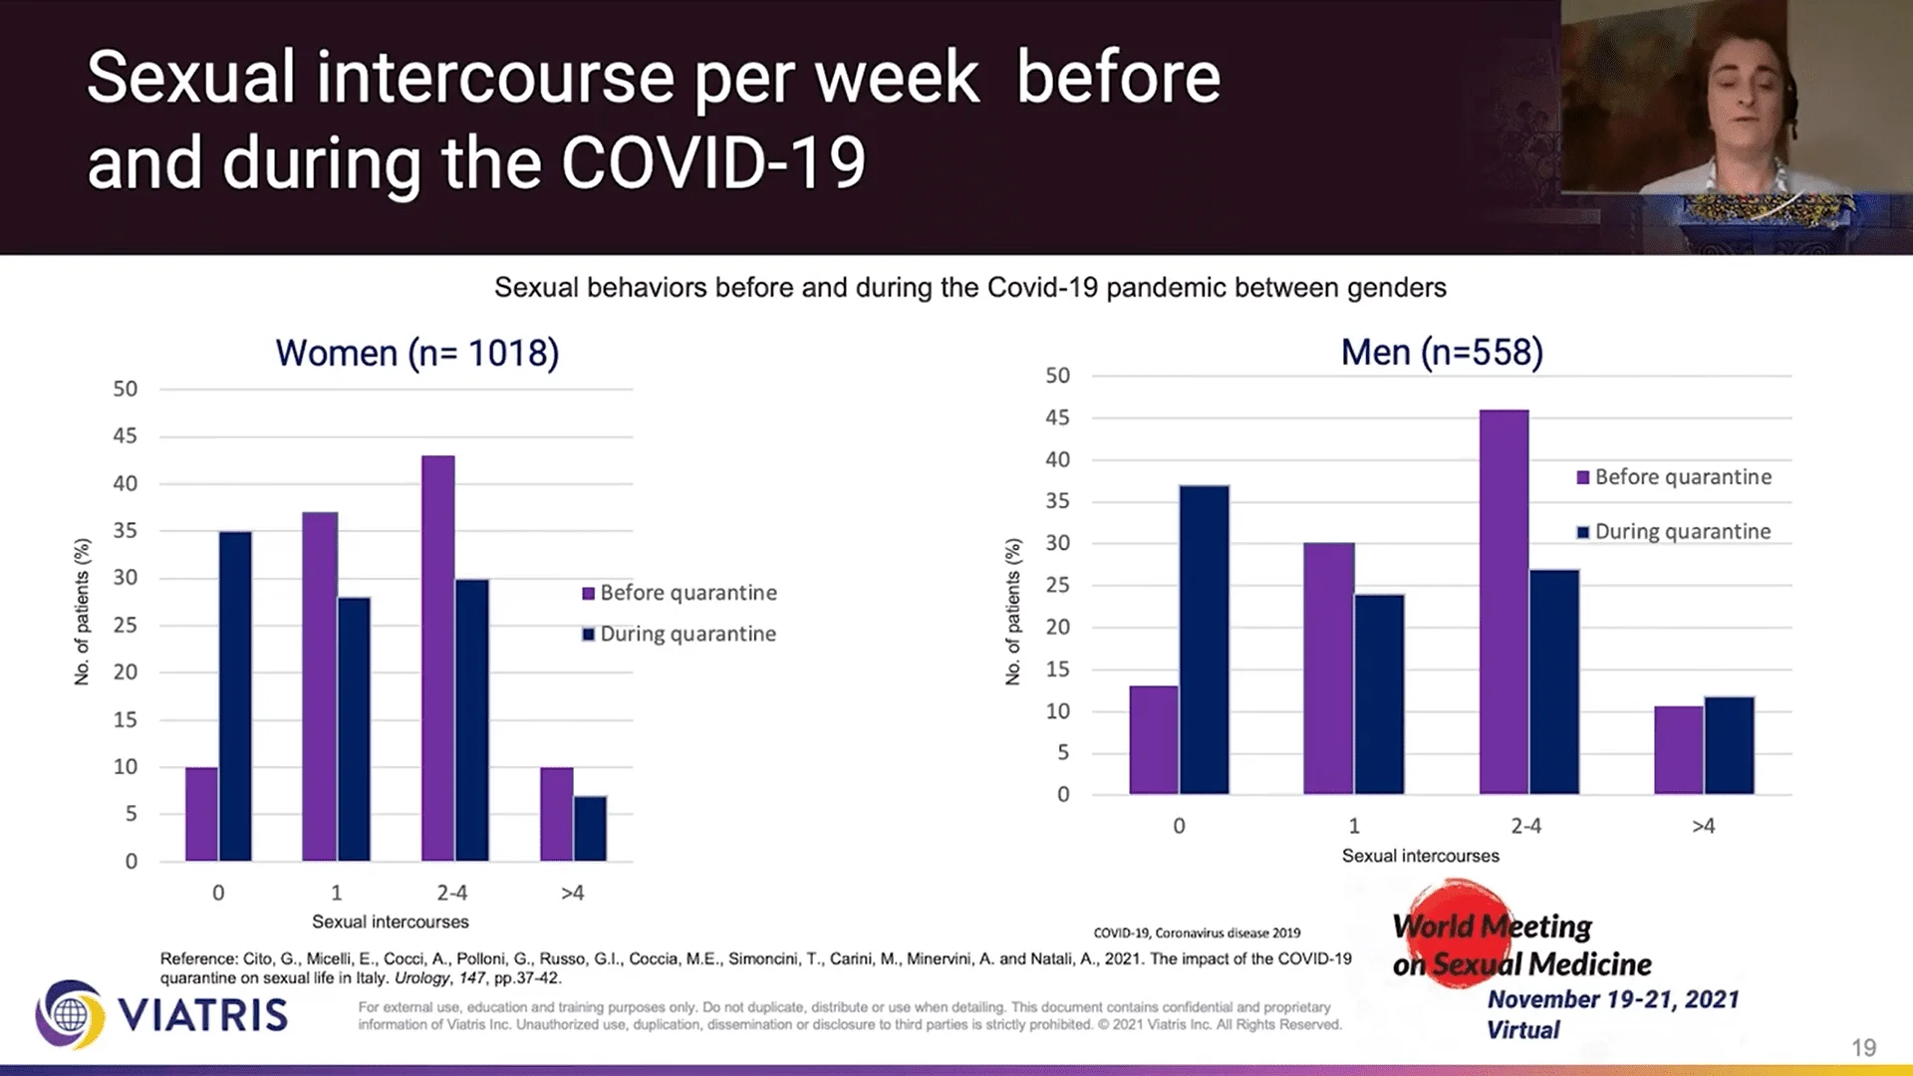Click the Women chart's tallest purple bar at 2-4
click(x=438, y=658)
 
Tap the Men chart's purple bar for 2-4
click(x=1503, y=602)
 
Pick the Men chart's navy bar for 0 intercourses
click(x=1204, y=640)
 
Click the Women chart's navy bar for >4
click(x=590, y=828)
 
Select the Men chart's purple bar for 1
click(x=1328, y=668)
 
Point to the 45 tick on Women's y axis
click(x=126, y=436)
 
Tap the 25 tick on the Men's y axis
click(x=1057, y=585)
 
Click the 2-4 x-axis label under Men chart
click(x=1525, y=826)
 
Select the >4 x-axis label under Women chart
click(x=572, y=893)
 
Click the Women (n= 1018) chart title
click(x=417, y=354)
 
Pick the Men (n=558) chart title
click(x=1442, y=353)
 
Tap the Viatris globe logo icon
click(x=70, y=1015)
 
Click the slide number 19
click(x=1863, y=1047)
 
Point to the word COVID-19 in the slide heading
click(x=713, y=164)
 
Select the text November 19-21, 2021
click(x=1613, y=999)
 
